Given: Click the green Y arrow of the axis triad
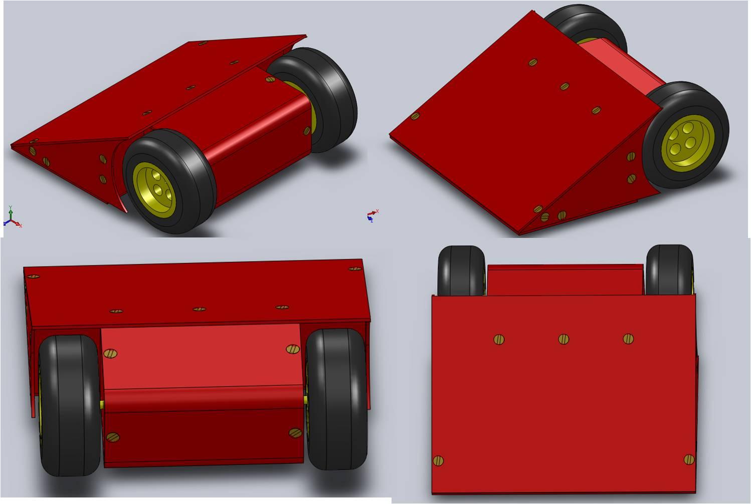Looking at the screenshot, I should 11,210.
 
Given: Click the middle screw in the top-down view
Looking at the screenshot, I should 564,340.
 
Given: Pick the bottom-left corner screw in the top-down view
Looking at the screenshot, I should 438,460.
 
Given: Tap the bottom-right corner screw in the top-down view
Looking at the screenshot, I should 689,459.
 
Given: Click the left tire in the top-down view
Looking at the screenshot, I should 461,271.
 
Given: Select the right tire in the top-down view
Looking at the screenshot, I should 670,271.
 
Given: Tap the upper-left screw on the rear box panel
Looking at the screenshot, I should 111,354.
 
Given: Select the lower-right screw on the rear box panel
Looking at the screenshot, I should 295,432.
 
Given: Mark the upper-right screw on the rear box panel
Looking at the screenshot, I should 292,349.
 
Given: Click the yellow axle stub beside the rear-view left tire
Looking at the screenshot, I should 102,405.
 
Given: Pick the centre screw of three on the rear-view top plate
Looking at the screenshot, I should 199,309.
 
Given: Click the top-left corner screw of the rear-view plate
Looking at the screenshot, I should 33,277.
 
